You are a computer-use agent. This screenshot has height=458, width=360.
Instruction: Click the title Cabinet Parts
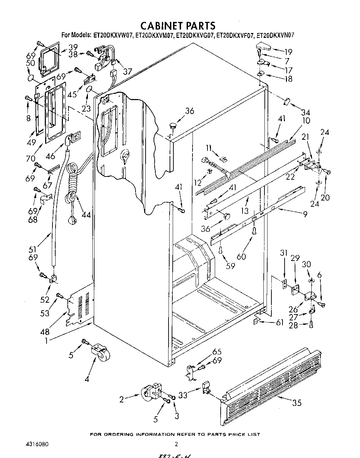[x=178, y=25]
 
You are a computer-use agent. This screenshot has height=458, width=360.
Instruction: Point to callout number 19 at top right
[x=288, y=52]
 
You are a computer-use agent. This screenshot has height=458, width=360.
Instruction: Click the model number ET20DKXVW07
[x=113, y=35]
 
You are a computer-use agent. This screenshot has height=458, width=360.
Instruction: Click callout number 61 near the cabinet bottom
[x=280, y=323]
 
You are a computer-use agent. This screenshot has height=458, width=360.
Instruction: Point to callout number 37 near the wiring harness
[x=128, y=72]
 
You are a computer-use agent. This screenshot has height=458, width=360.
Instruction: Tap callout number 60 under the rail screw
[x=241, y=256]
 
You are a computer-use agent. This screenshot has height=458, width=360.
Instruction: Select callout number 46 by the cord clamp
[x=51, y=156]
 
